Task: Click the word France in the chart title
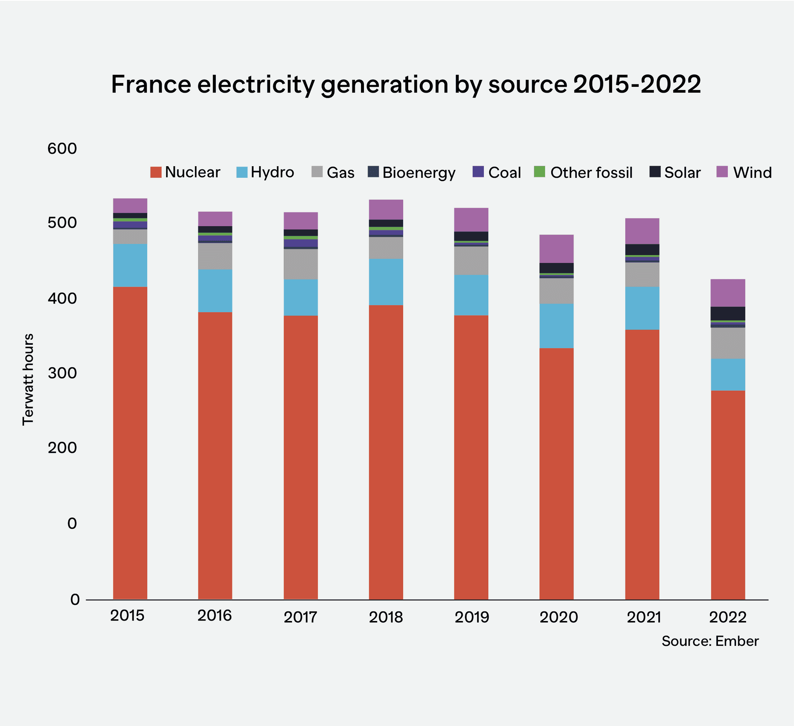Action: tap(151, 84)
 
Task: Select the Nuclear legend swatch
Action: tap(155, 172)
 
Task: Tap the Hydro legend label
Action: tap(272, 172)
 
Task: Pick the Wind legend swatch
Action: tap(722, 172)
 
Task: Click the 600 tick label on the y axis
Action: tap(62, 148)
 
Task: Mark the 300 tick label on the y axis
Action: tap(62, 373)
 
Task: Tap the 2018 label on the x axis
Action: tap(385, 617)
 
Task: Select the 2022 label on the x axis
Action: tap(727, 617)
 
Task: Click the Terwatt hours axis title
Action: tap(28, 379)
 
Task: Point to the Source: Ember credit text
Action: tap(710, 641)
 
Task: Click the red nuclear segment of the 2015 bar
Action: tap(130, 442)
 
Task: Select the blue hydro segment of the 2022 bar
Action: tap(728, 375)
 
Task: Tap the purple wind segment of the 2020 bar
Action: tap(556, 248)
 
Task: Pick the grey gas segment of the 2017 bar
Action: tap(301, 264)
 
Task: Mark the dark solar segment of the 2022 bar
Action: tap(728, 313)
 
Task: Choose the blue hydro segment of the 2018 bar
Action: tap(386, 282)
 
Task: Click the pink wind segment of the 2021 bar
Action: tap(642, 231)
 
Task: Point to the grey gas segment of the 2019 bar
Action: tap(471, 260)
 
